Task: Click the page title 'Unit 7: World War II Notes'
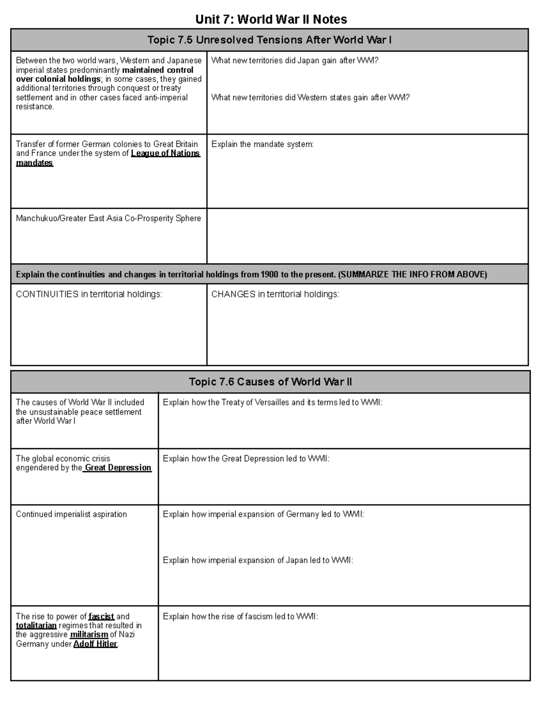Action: pyautogui.click(x=271, y=19)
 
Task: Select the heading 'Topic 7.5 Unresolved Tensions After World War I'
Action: pyautogui.click(x=269, y=40)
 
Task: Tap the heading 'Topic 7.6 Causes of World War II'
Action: pyautogui.click(x=270, y=382)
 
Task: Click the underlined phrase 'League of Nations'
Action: pyautogui.click(x=165, y=153)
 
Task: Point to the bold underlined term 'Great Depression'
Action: pyautogui.click(x=118, y=468)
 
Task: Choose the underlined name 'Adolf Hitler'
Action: pyautogui.click(x=95, y=644)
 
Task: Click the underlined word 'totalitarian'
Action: pyautogui.click(x=36, y=626)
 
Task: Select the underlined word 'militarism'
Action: pyautogui.click(x=89, y=635)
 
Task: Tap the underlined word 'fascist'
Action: pyautogui.click(x=101, y=617)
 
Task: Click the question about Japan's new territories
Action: pyautogui.click(x=295, y=61)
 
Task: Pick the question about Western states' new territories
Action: pyautogui.click(x=310, y=97)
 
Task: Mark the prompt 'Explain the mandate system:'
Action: pyautogui.click(x=262, y=144)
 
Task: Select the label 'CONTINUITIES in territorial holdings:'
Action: pyautogui.click(x=89, y=294)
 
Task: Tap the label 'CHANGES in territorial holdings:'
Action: pyautogui.click(x=275, y=294)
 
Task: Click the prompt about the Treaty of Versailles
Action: pyautogui.click(x=272, y=402)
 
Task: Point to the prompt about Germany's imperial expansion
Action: pyautogui.click(x=263, y=514)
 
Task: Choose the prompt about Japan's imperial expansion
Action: pyautogui.click(x=258, y=560)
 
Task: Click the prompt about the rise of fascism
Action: pyautogui.click(x=240, y=617)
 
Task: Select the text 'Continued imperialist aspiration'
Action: pyautogui.click(x=71, y=514)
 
